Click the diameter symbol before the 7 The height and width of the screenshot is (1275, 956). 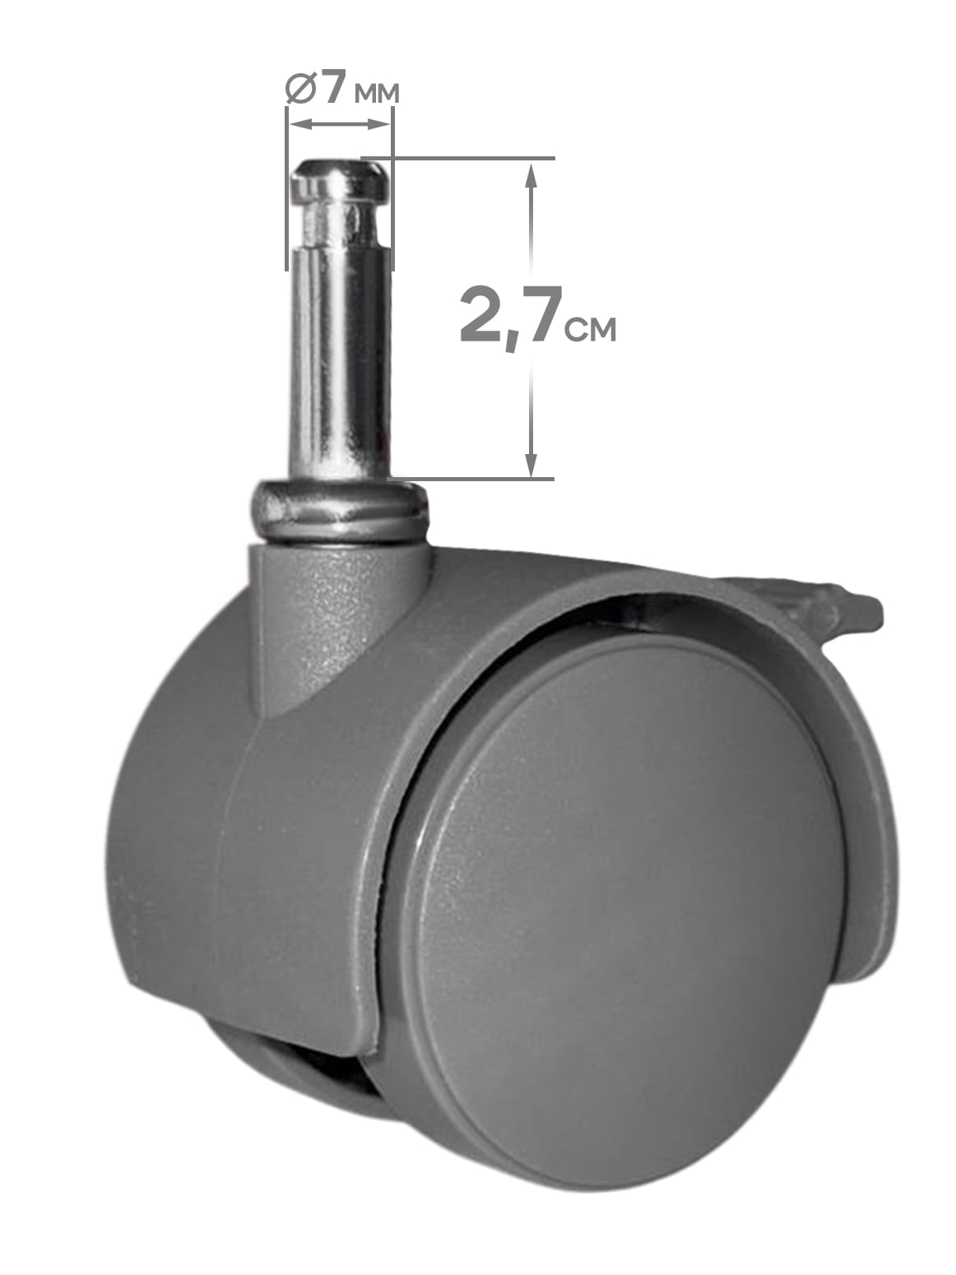click(x=301, y=89)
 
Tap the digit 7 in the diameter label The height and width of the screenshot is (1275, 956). click(x=335, y=87)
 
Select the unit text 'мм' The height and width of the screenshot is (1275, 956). click(x=377, y=94)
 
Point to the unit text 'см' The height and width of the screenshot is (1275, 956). click(x=590, y=329)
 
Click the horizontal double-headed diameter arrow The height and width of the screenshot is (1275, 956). click(x=340, y=123)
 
